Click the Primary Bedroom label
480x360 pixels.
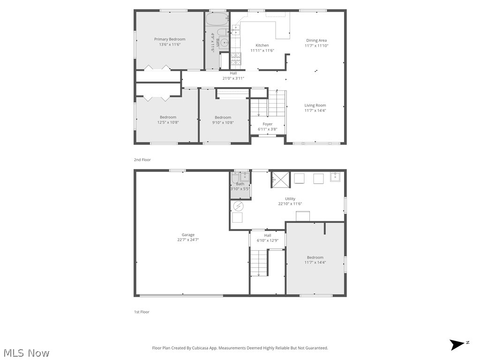tap(170, 39)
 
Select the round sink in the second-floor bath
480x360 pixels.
tap(224, 43)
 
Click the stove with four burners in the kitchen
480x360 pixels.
tap(235, 58)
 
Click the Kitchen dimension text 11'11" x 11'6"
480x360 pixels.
tap(262, 51)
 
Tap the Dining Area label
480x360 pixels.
tap(316, 41)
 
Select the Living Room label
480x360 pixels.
tap(315, 105)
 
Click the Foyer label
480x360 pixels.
tap(268, 124)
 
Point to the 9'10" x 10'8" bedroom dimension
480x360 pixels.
tap(223, 123)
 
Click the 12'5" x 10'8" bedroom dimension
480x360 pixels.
tap(168, 122)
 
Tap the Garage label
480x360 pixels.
tap(188, 235)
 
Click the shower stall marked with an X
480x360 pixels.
tap(280, 179)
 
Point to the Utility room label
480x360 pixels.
tap(290, 199)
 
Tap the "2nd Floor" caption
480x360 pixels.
tap(142, 160)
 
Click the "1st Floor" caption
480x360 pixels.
tap(142, 312)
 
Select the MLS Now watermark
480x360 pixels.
tap(26, 352)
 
